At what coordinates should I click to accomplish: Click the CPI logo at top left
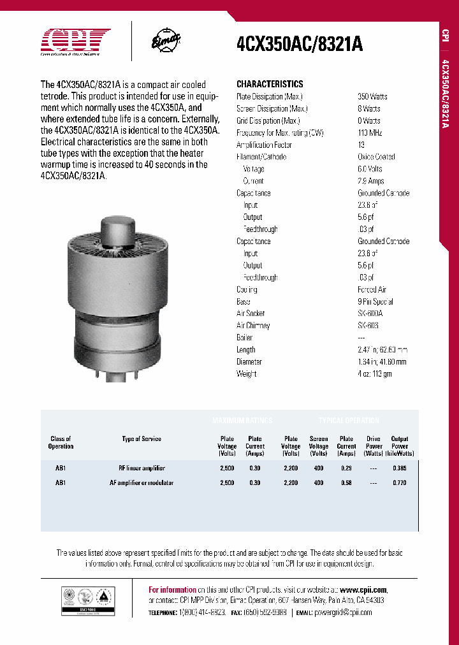76,42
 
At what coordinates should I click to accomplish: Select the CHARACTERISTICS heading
270,84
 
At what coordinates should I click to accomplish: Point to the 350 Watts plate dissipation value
373,96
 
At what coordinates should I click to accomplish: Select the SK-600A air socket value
370,314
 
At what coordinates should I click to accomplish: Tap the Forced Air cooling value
372,289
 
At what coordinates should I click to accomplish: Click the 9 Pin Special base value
375,301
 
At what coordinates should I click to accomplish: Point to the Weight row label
247,373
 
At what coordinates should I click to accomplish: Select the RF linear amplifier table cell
141,468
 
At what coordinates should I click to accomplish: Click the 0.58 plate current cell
347,483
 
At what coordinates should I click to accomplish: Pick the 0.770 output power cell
400,483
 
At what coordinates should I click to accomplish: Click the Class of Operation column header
61,442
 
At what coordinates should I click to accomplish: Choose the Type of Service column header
142,438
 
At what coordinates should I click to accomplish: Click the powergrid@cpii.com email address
343,612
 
